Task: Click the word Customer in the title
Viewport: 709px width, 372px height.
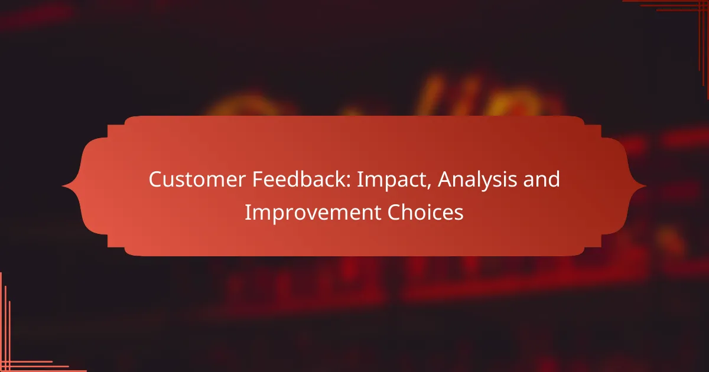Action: (197, 180)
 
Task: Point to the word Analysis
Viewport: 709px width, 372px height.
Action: (477, 180)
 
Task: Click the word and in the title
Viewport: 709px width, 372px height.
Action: (542, 179)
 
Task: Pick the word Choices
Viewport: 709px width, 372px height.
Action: (425, 212)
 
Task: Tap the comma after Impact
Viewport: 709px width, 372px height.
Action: (429, 187)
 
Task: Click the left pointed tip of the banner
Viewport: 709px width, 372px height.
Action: (62, 186)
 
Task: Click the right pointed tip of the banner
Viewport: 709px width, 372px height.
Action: (646, 186)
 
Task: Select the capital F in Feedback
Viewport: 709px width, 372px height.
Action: (258, 180)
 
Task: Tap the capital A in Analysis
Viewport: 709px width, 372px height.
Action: (445, 180)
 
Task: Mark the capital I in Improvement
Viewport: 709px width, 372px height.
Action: (247, 212)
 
